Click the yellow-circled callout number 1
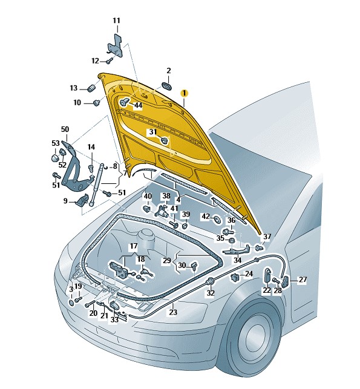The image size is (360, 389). [x=184, y=93]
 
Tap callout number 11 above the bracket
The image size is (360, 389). [x=116, y=21]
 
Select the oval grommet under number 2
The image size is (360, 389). [x=166, y=85]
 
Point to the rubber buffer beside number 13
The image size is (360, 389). [x=92, y=88]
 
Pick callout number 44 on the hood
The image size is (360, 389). [x=138, y=105]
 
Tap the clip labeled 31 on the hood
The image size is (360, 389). [x=164, y=141]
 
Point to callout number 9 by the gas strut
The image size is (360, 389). [x=65, y=201]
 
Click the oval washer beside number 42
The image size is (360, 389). [x=217, y=220]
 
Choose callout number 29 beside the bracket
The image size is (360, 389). [x=167, y=261]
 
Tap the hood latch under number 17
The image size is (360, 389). [x=120, y=270]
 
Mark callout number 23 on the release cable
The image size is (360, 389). [x=173, y=312]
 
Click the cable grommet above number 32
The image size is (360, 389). [x=211, y=281]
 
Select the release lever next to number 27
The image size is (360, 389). [x=286, y=281]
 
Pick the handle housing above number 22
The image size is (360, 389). [x=267, y=275]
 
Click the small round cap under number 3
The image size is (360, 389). [x=71, y=302]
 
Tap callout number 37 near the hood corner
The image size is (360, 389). [x=267, y=237]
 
